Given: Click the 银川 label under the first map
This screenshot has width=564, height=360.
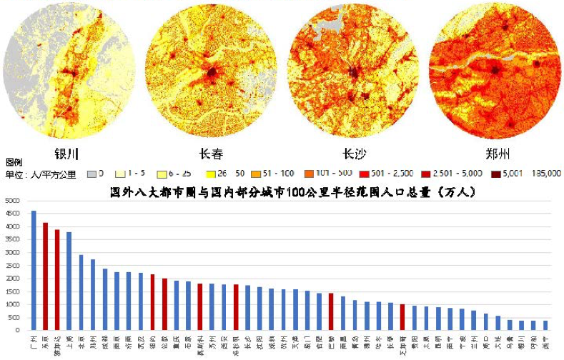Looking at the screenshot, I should click(66, 154).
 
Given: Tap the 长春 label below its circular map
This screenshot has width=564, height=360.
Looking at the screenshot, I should click(209, 154).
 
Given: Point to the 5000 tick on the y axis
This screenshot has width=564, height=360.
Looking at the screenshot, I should click(12, 201).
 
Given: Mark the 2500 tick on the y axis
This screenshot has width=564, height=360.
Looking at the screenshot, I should click(12, 266).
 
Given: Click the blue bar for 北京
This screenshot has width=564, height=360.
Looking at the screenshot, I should click(81, 292).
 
